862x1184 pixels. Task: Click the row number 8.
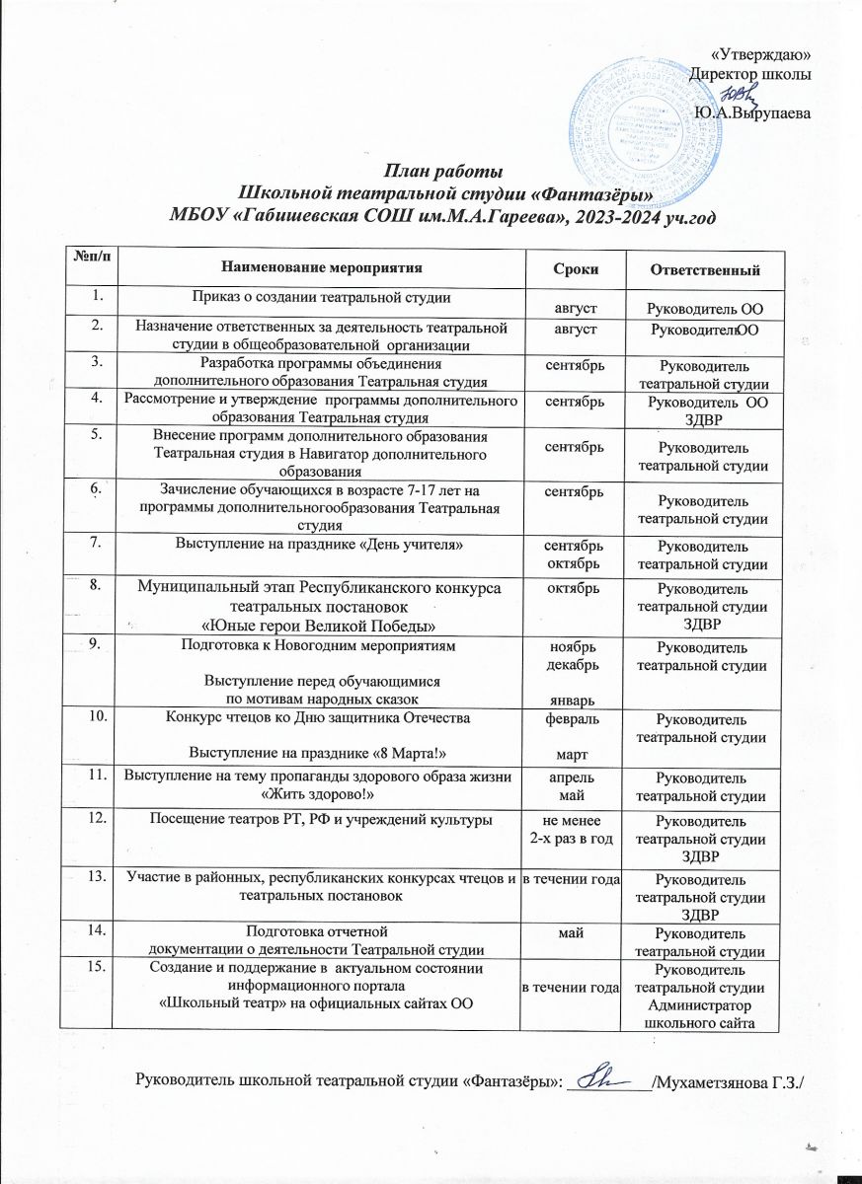tap(97, 585)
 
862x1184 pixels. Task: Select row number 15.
tap(97, 969)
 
